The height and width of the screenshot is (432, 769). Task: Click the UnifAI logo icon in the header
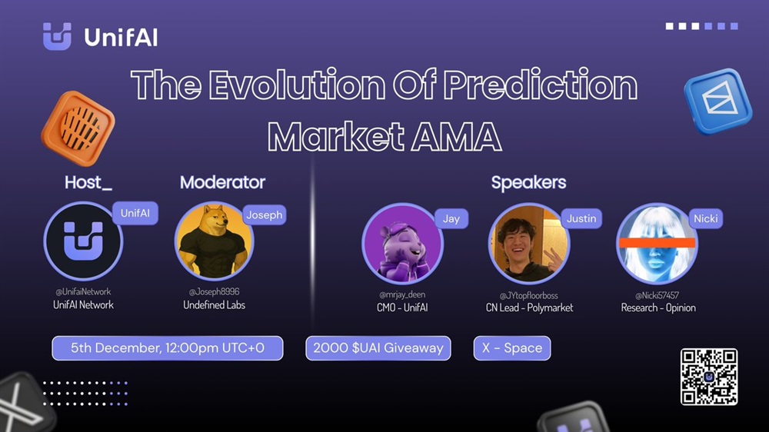point(57,36)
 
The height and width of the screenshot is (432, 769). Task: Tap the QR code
point(709,377)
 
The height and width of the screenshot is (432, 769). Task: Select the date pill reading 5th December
point(167,348)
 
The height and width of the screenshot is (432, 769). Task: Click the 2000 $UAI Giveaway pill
point(378,348)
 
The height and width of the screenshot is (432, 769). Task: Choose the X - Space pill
point(512,348)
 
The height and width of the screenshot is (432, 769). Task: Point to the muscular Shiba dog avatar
point(214,241)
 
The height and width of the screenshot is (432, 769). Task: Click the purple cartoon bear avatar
point(402,244)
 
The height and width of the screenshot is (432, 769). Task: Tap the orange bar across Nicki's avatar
point(657,242)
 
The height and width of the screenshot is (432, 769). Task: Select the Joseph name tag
point(265,214)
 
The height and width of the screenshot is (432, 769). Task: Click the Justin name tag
point(581,219)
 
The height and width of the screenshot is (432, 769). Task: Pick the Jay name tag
point(451,219)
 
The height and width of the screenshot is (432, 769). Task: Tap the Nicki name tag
point(705,219)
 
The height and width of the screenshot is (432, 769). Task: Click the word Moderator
point(223,182)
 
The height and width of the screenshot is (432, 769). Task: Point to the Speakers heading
point(529,182)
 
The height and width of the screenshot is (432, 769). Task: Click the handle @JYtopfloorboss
point(529,295)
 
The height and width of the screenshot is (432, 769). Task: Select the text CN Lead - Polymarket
point(529,308)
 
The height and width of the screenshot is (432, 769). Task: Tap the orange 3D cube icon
point(78,128)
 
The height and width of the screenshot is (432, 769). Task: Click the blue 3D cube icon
point(718,101)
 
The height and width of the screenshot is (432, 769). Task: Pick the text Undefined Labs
point(215,305)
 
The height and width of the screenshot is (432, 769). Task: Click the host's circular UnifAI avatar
point(83,241)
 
